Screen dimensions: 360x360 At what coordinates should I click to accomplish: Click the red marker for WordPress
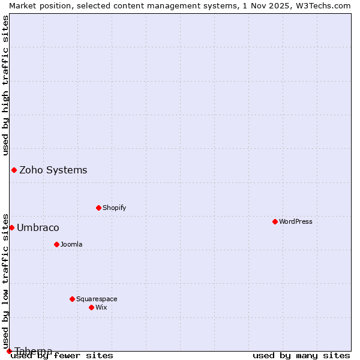point(275,221)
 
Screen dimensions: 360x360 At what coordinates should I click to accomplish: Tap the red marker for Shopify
point(98,208)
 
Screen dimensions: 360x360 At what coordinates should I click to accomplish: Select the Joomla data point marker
point(56,244)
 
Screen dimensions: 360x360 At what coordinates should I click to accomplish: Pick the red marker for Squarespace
point(72,299)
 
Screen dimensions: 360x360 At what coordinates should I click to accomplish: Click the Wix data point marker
point(91,307)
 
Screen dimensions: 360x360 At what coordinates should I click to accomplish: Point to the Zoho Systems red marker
point(14,170)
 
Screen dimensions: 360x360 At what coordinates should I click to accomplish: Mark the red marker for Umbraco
point(11,227)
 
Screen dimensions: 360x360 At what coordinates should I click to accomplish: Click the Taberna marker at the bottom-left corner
point(9,351)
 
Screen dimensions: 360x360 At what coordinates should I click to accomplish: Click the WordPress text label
point(296,221)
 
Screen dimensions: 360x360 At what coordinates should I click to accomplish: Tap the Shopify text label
point(114,208)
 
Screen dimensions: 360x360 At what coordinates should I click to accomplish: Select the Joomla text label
point(71,244)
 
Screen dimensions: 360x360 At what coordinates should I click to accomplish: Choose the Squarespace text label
point(97,299)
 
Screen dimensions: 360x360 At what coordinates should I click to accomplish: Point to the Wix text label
point(101,307)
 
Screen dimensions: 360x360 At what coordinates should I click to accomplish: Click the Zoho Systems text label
point(53,170)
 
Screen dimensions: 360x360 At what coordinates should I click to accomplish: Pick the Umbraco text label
point(38,227)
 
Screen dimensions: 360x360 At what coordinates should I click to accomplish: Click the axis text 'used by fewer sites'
point(62,355)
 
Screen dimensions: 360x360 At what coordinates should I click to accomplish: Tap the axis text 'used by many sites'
point(301,355)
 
